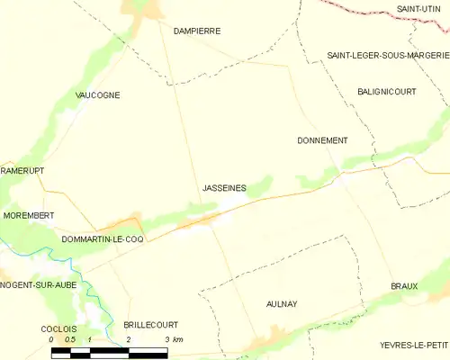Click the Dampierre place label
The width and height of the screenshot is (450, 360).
pyautogui.click(x=196, y=31)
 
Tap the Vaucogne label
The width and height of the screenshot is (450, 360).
pyautogui.click(x=98, y=94)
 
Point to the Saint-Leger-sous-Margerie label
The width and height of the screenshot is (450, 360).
pyautogui.click(x=387, y=55)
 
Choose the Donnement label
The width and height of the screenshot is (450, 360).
pyautogui.click(x=322, y=140)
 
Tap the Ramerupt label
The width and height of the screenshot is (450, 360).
pyautogui.click(x=22, y=170)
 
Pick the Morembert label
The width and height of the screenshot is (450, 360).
pyautogui.click(x=27, y=216)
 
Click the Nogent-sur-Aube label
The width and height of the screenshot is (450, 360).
pyautogui.click(x=38, y=284)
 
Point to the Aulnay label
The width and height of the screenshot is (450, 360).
pyautogui.click(x=282, y=305)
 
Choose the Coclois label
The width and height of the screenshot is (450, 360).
pyautogui.click(x=58, y=329)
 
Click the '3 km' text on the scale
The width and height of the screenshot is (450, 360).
pyautogui.click(x=173, y=339)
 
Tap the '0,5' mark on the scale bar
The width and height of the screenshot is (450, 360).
pyautogui.click(x=71, y=339)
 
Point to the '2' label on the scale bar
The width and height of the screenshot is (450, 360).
pyautogui.click(x=129, y=339)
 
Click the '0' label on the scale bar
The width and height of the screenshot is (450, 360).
pyautogui.click(x=52, y=339)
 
